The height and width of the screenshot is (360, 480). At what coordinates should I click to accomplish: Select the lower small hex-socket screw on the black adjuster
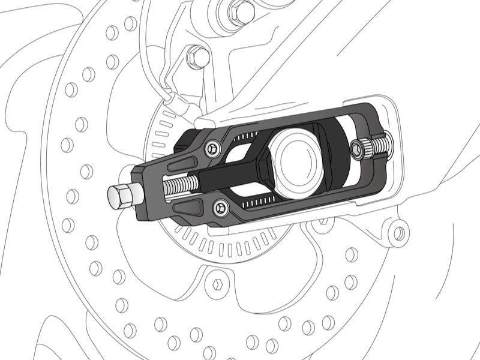(221, 208)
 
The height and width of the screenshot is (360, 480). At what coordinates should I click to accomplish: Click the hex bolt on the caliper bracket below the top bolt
(198, 58)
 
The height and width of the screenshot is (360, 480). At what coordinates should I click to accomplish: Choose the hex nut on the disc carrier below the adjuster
(218, 281)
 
